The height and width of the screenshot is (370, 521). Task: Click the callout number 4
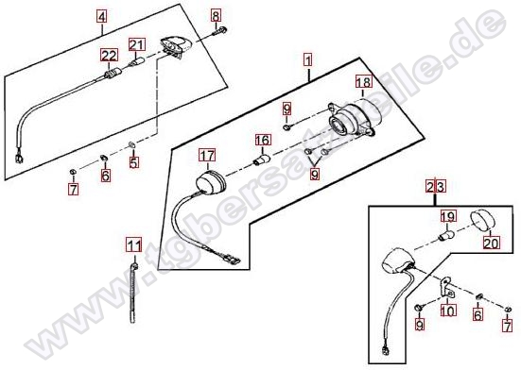click(x=102, y=16)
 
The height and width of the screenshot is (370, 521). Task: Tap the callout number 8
click(x=216, y=16)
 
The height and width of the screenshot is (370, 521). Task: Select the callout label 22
click(x=110, y=56)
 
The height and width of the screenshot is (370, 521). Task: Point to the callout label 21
click(x=137, y=44)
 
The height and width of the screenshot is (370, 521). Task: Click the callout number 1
click(x=308, y=60)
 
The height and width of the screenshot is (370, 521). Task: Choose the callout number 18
click(x=364, y=81)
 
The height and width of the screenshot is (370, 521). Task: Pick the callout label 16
click(x=263, y=140)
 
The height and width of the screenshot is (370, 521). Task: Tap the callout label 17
click(x=207, y=155)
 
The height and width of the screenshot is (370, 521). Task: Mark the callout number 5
click(x=134, y=162)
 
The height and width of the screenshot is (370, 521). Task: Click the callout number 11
click(x=134, y=246)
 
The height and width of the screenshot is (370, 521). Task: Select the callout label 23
click(x=436, y=187)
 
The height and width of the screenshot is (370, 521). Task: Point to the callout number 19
click(x=448, y=217)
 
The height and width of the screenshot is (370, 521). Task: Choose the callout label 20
click(x=491, y=243)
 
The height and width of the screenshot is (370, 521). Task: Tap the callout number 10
click(x=448, y=311)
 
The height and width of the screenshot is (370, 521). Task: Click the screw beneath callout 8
click(x=219, y=32)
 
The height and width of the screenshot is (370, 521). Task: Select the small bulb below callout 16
click(x=261, y=159)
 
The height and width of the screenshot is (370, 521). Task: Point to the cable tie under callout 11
click(x=133, y=292)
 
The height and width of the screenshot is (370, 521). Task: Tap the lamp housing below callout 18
click(x=352, y=120)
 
